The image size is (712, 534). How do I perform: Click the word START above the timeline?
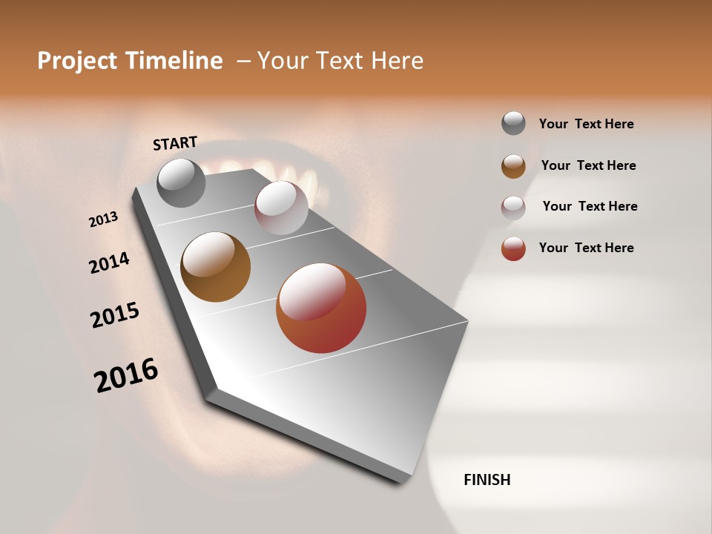tap(175, 143)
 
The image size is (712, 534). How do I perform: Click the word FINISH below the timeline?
tap(487, 480)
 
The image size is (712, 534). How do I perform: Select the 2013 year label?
tap(104, 220)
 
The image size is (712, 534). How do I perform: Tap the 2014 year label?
tap(109, 263)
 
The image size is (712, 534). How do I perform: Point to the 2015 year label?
tap(115, 315)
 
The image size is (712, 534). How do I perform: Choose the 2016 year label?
tap(126, 375)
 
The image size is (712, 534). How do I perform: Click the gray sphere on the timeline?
tap(181, 182)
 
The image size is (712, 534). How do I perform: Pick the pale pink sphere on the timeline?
tap(281, 208)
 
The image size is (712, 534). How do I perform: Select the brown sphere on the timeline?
tap(215, 267)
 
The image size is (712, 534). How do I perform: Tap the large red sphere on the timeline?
tap(321, 308)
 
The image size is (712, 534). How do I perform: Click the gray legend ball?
tap(513, 123)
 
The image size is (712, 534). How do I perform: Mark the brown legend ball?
tap(513, 165)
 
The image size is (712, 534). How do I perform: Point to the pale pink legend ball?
tap(513, 207)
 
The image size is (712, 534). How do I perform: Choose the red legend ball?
tap(513, 248)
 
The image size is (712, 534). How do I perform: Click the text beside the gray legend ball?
tap(586, 124)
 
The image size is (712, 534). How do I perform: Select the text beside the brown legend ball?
tap(588, 165)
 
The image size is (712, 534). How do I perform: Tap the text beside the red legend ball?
tap(586, 248)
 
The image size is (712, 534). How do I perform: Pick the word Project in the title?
tap(77, 61)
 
